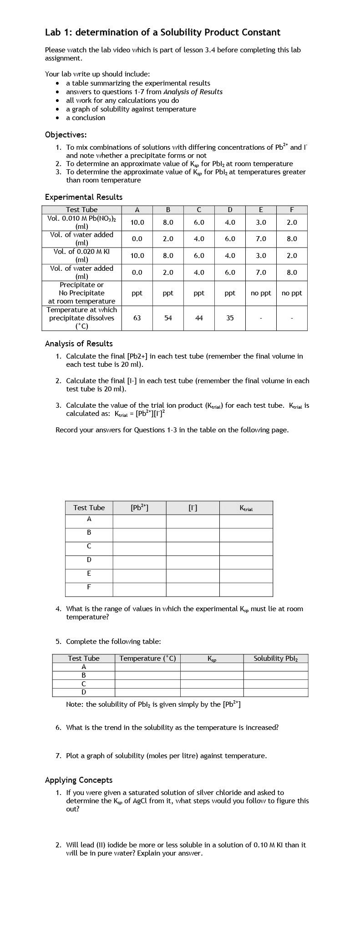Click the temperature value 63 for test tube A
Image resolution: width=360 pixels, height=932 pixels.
[137, 318]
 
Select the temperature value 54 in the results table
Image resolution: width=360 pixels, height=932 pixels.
[168, 318]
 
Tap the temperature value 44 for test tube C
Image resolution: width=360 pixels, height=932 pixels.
[199, 318]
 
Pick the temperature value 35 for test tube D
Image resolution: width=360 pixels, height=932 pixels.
[230, 318]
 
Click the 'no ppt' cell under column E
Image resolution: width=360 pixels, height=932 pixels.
[261, 293]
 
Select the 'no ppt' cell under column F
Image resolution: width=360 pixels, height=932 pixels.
[292, 293]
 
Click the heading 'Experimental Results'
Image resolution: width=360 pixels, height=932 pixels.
[83, 197]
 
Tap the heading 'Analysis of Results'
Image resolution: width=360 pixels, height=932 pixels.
[79, 344]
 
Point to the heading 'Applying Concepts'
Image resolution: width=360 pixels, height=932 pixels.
[79, 780]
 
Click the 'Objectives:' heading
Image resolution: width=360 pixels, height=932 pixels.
[66, 135]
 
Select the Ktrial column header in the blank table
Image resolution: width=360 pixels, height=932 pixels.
[246, 508]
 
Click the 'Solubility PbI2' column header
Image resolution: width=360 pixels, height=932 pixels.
[275, 658]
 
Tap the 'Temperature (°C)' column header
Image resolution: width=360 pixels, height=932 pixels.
[147, 658]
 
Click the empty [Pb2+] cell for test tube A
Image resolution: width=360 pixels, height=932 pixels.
[139, 522]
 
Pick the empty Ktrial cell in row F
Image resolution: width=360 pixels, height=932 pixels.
[246, 590]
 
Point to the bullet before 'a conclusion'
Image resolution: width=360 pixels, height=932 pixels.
[57, 118]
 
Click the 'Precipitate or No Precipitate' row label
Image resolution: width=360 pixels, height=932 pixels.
[81, 293]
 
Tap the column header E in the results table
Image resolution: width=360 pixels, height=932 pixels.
[261, 210]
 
